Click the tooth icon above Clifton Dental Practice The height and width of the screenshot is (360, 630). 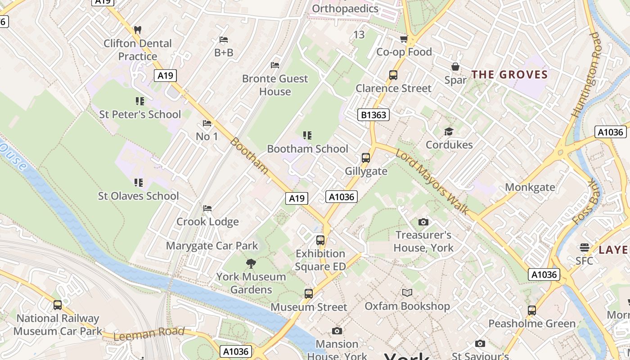138,30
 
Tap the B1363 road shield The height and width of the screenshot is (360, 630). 373,115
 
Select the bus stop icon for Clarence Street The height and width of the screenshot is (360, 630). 393,75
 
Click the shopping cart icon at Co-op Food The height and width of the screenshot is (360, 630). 404,39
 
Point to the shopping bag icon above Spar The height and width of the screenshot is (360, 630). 455,67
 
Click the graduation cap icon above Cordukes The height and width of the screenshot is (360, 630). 449,131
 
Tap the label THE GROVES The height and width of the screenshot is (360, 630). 509,75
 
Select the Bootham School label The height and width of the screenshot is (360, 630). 307,149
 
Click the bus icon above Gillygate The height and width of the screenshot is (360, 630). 366,158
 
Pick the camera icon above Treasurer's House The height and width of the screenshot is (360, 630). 423,222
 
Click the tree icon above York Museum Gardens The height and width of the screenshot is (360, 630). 251,264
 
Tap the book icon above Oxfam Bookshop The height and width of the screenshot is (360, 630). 407,293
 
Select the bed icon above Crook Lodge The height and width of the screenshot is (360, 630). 207,208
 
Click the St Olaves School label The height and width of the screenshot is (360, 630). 138,196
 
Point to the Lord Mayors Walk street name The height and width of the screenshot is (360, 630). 432,182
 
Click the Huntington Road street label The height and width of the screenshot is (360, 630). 586,75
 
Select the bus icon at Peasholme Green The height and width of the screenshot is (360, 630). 532,310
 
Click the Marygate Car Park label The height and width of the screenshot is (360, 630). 212,246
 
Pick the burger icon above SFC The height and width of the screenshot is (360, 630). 584,247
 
